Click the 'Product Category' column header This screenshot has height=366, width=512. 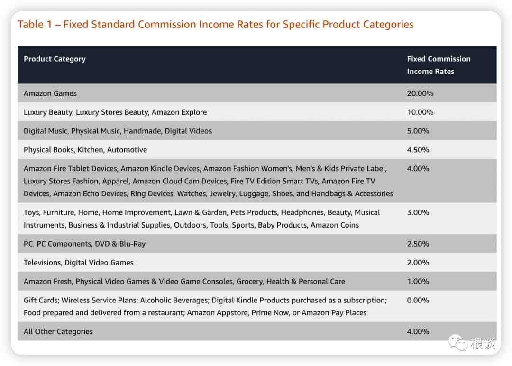tap(55, 59)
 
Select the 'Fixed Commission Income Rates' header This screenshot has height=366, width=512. tap(439, 65)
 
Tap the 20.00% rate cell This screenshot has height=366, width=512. tap(420, 93)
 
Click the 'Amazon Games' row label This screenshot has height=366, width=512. tap(50, 93)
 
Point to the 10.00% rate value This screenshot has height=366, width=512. tap(420, 112)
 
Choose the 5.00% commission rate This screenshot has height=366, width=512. tap(418, 131)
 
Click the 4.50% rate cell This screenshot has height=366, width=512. tap(418, 150)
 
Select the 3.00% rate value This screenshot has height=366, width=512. tap(418, 212)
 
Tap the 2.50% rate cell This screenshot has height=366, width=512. tap(418, 244)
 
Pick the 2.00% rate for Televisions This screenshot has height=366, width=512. tap(418, 263)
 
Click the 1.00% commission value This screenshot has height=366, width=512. tap(418, 282)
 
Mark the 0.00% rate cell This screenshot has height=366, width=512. tap(418, 300)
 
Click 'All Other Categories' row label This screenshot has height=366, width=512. tap(58, 331)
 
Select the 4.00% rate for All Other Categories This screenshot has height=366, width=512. tap(418, 331)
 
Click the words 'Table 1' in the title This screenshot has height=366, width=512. tap(35, 25)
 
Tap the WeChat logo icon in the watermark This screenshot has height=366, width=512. tap(458, 342)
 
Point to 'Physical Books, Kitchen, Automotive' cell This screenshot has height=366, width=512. tap(85, 150)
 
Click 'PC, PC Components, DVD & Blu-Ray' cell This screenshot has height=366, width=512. tap(84, 244)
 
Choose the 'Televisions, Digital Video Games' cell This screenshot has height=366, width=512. tap(78, 263)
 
